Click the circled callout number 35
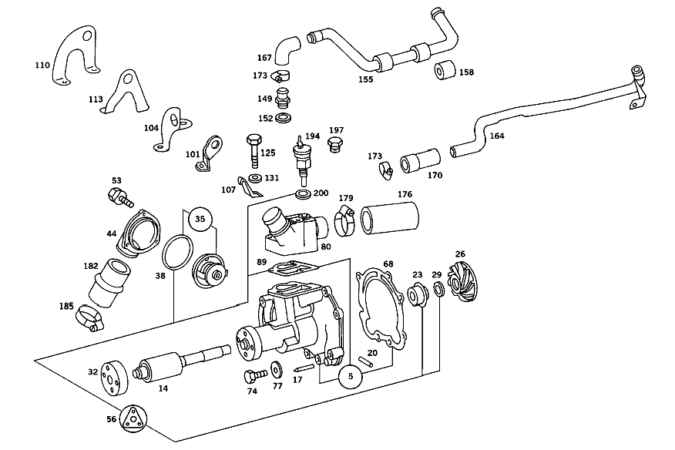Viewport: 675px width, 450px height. [200, 219]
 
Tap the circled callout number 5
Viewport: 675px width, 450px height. [351, 376]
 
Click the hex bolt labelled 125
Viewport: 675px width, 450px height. [254, 151]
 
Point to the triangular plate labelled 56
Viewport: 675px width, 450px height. [133, 418]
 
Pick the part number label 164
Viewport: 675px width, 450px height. [497, 136]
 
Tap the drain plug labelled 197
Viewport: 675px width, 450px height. [334, 144]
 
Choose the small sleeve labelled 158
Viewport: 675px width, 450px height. [445, 70]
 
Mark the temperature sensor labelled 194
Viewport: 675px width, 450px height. [301, 160]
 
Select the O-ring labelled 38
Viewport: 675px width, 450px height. [177, 252]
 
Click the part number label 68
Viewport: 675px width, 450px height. [388, 264]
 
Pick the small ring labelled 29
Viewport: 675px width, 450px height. [438, 290]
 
